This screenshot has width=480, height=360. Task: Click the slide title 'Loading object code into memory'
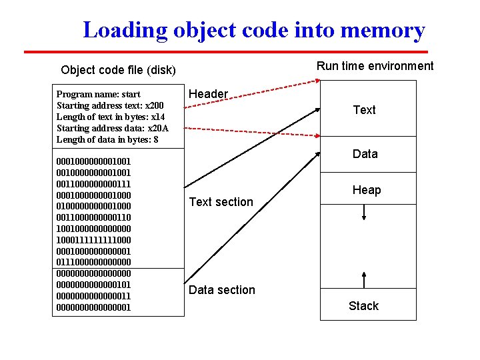click(x=253, y=30)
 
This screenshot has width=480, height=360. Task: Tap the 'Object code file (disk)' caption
click(x=118, y=70)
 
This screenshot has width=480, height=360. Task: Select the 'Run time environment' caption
click(x=375, y=65)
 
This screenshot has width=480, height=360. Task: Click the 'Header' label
click(x=208, y=94)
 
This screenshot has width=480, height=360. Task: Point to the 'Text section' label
click(x=221, y=202)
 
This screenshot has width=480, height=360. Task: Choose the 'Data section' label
click(x=221, y=290)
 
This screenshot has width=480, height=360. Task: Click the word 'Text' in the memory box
click(x=364, y=110)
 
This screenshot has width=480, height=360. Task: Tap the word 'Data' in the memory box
click(x=365, y=154)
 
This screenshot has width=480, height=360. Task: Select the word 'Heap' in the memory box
click(x=367, y=190)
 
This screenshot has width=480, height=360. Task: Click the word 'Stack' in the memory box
click(x=363, y=306)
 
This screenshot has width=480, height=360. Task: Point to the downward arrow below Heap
click(x=364, y=212)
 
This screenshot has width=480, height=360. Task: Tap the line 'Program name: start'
click(x=98, y=95)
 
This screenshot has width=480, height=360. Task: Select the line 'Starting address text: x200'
click(x=110, y=106)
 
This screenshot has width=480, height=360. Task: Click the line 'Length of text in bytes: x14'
click(x=110, y=117)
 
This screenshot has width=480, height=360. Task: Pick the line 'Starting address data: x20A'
click(x=112, y=129)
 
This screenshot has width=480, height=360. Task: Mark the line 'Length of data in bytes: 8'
click(x=107, y=140)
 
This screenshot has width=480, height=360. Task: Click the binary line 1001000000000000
click(x=94, y=229)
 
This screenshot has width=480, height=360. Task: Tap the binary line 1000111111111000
click(x=94, y=240)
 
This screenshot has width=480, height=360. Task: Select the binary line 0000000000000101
click(x=94, y=285)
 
